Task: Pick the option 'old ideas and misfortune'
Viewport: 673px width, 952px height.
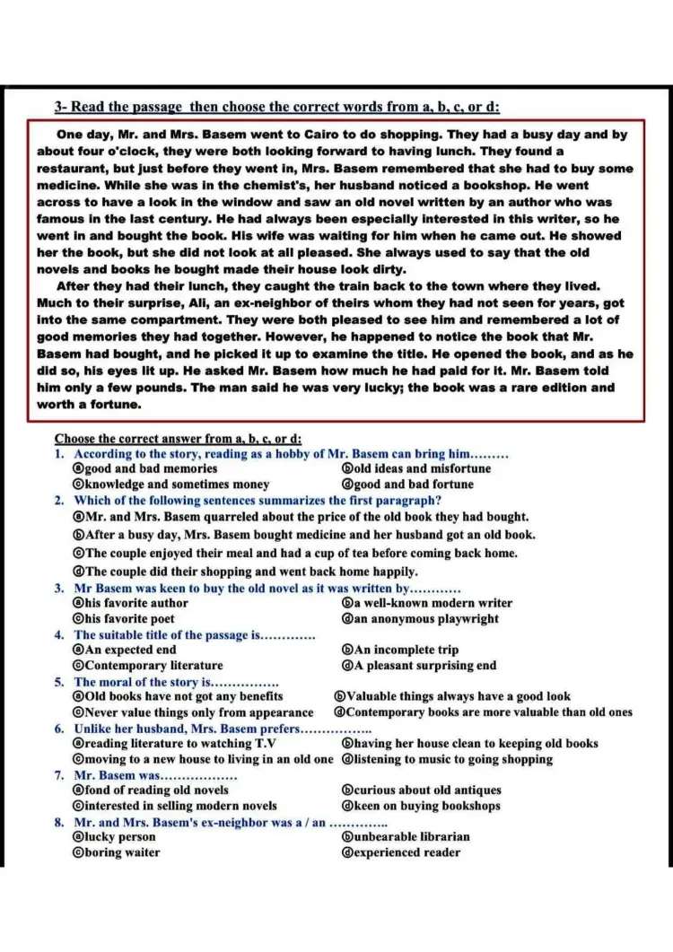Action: (423, 468)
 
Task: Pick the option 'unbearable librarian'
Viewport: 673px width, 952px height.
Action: (412, 837)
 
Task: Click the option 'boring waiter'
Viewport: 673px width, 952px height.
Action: (122, 852)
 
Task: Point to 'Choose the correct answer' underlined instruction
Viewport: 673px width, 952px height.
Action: (177, 439)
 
